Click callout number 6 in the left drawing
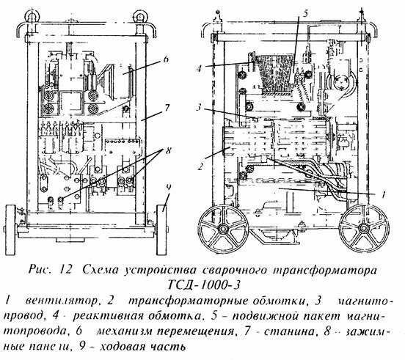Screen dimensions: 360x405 coord(167,59)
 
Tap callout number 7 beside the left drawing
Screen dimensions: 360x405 coord(168,107)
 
